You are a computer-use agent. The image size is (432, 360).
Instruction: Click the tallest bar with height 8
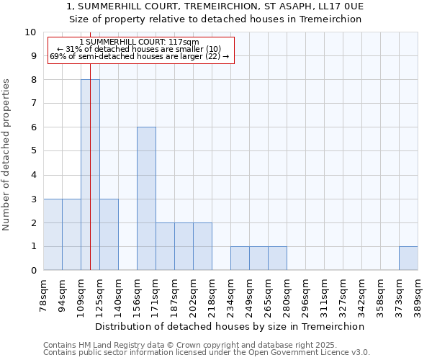pyautogui.click(x=90, y=175)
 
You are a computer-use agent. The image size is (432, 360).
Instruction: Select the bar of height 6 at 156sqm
pyautogui.click(x=146, y=199)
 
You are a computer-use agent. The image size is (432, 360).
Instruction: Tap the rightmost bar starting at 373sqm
pyautogui.click(x=408, y=258)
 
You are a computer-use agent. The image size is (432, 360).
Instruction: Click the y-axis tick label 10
pyautogui.click(x=30, y=32)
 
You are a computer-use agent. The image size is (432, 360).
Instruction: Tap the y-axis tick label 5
pyautogui.click(x=33, y=151)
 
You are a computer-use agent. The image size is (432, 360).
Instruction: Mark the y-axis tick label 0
pyautogui.click(x=33, y=271)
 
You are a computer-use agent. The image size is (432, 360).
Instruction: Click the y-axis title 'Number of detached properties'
pyautogui.click(x=7, y=155)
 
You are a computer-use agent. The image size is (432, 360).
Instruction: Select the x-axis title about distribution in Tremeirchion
pyautogui.click(x=230, y=326)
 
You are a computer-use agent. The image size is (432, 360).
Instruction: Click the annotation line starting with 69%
pyautogui.click(x=140, y=56)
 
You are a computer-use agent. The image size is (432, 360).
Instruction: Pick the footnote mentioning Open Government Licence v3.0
pyautogui.click(x=207, y=353)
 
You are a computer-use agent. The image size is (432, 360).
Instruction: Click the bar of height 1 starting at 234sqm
pyautogui.click(x=240, y=258)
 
